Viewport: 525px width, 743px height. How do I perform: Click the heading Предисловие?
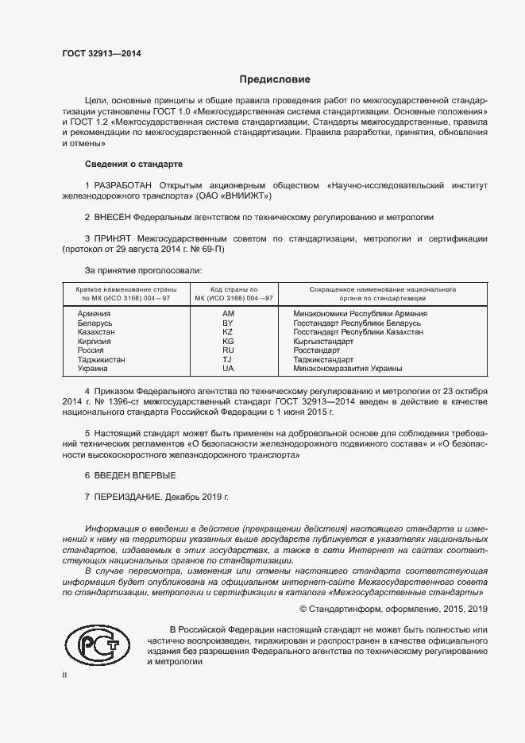point(275,79)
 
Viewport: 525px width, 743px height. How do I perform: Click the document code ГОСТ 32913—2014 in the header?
point(101,54)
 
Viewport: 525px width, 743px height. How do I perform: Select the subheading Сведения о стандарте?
point(133,164)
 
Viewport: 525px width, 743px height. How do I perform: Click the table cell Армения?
point(93,313)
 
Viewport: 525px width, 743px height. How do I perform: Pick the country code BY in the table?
point(227,323)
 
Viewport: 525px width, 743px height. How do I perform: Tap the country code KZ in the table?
point(227,331)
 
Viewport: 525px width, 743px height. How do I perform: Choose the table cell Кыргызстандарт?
point(323,341)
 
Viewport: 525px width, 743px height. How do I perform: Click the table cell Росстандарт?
point(317,350)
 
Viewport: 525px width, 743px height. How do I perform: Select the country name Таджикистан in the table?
point(101,359)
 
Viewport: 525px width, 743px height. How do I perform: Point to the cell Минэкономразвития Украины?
point(347,369)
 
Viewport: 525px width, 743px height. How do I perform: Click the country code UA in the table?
point(227,369)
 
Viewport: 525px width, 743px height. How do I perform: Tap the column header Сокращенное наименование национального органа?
point(382,293)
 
